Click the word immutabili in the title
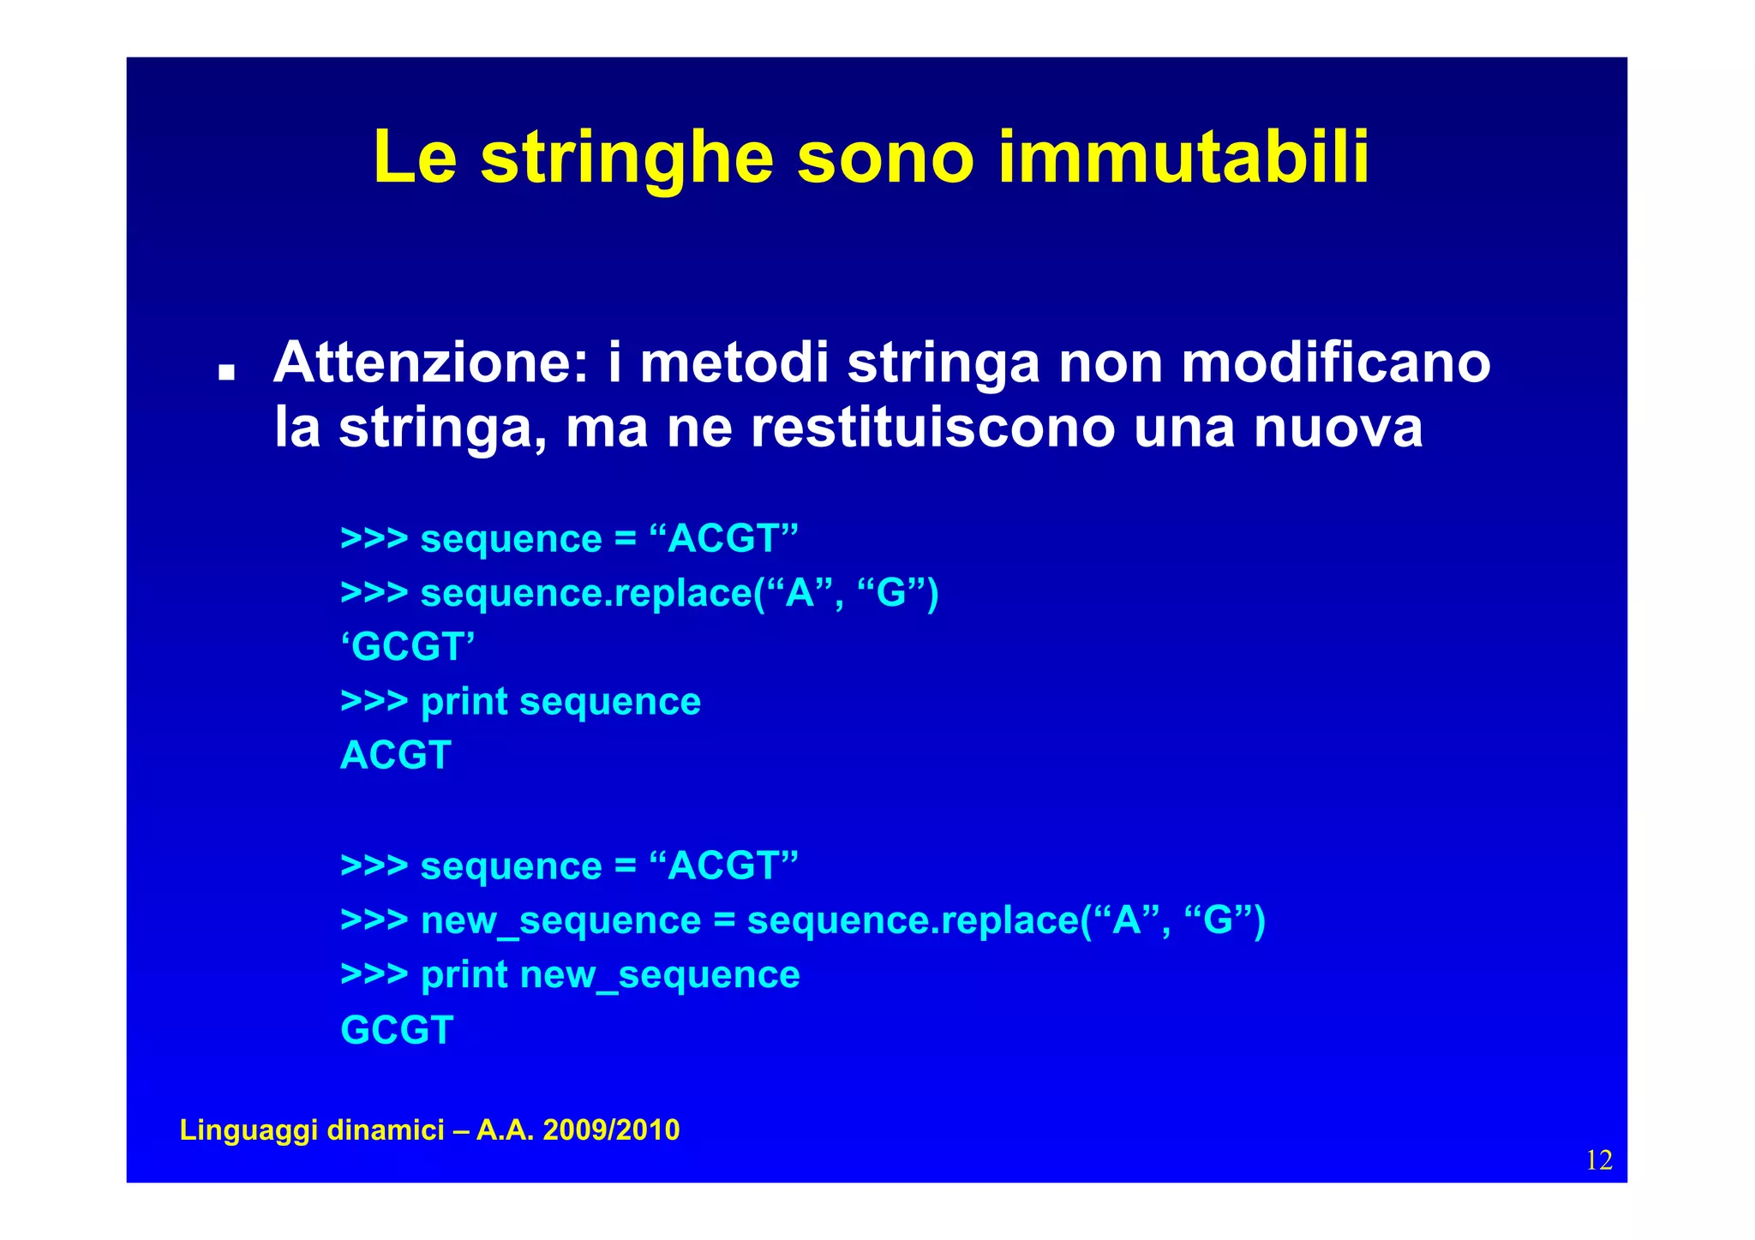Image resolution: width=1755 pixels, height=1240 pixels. [x=1184, y=158]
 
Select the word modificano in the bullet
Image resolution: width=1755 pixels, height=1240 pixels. [x=1336, y=362]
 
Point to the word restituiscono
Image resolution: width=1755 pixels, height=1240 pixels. [x=933, y=427]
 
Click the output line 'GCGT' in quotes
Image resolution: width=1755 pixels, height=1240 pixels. [x=408, y=647]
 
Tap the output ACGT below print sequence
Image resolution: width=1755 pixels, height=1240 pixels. [x=395, y=755]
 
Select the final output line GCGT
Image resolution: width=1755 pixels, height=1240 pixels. [x=397, y=1029]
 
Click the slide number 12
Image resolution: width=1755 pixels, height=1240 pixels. [x=1599, y=1160]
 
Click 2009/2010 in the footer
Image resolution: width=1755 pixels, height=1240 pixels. [x=611, y=1130]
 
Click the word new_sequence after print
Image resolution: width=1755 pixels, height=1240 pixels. [x=659, y=975]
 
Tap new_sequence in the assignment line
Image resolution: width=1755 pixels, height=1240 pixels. [x=560, y=921]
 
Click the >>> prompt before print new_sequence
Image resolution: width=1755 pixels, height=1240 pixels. [x=374, y=974]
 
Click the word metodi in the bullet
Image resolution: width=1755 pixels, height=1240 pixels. [x=734, y=362]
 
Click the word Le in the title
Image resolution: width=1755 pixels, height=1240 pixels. [x=415, y=158]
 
